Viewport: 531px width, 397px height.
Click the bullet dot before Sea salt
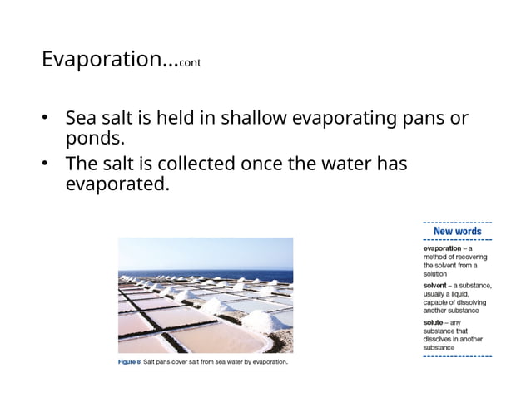tap(47, 118)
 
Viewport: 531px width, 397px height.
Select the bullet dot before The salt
tap(47, 164)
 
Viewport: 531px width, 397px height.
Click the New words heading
tap(457, 231)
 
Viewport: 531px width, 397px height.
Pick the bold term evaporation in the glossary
tap(444, 248)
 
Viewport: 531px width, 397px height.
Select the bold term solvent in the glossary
tap(437, 285)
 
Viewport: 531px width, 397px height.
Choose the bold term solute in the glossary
tap(435, 321)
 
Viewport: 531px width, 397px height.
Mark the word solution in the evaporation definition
tap(435, 273)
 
